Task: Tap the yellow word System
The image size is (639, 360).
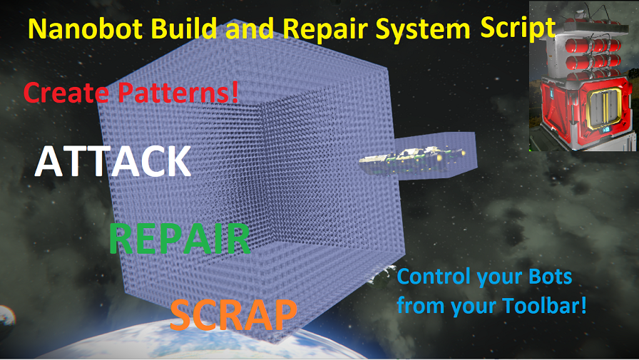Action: (423, 29)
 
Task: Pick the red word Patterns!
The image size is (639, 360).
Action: (178, 93)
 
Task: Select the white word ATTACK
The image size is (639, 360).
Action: (113, 161)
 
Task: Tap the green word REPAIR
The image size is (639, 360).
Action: (180, 239)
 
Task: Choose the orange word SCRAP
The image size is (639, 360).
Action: (233, 314)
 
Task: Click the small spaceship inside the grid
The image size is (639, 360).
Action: (411, 158)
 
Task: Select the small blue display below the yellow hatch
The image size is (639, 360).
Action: (605, 130)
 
